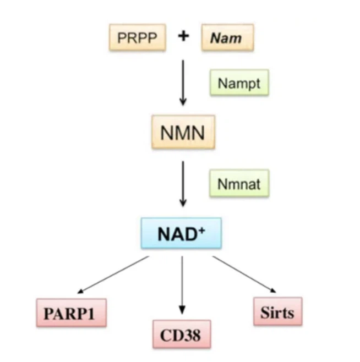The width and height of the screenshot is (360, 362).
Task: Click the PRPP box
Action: click(x=137, y=37)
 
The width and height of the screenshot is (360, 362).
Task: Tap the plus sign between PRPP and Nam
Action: click(x=183, y=36)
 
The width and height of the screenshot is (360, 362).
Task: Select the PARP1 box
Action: click(x=72, y=313)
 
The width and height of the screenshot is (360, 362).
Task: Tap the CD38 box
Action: click(x=181, y=334)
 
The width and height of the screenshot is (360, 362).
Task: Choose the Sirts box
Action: click(x=278, y=311)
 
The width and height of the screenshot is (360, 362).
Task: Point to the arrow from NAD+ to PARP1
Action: click(x=113, y=275)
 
